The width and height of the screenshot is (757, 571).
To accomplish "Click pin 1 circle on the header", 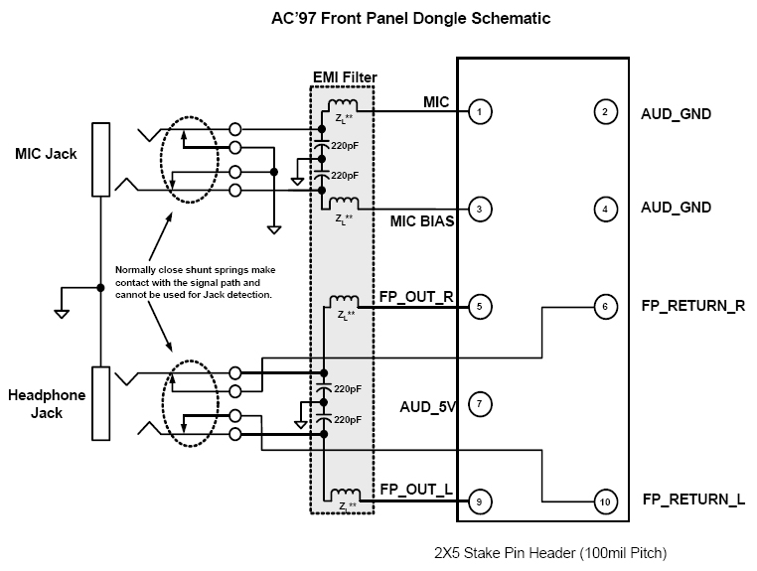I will (480, 112).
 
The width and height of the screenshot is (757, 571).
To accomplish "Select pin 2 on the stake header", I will (604, 112).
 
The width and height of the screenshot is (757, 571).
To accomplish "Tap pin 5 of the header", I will (480, 307).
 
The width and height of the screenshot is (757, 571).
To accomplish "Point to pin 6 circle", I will (604, 307).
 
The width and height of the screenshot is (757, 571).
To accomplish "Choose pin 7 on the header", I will (480, 404).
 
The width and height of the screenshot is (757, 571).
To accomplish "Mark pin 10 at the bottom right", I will (604, 502).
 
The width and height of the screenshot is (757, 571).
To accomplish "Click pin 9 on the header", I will (480, 502).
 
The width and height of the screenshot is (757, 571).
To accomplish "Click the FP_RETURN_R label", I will (693, 306).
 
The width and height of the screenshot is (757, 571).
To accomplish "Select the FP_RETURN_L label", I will (693, 500).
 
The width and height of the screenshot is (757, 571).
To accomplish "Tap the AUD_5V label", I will (427, 406).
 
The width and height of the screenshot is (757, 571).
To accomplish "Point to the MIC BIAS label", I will (421, 221).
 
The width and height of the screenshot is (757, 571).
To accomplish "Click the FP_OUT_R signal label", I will (415, 297).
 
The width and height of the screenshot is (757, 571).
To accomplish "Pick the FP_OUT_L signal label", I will (415, 490).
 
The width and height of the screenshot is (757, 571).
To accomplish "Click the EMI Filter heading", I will (344, 77).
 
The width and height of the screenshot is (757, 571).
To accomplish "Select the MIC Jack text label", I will (46, 154).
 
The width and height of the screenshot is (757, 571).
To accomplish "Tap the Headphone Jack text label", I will (46, 404).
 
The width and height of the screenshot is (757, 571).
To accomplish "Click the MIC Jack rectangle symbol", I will (100, 160).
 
